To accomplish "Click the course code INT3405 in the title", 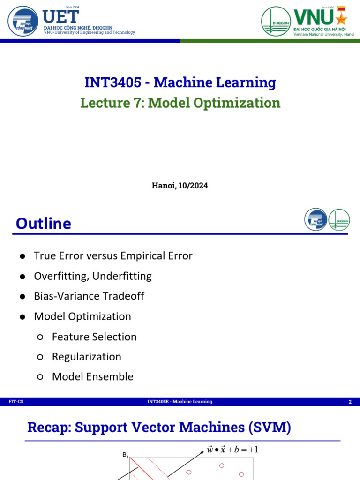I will coord(112,82).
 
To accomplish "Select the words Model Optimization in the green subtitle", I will coord(214,103).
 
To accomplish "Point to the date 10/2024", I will coord(193,186).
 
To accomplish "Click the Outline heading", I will coord(44,224).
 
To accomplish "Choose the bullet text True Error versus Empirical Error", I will coord(113,256).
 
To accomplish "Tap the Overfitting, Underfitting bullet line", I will coord(93,276).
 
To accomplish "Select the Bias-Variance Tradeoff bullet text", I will coord(89,296).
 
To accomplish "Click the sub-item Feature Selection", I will coord(94,337).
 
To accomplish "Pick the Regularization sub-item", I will coord(87,357).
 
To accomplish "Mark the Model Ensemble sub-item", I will coord(93,377).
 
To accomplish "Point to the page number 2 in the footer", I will coord(350,402).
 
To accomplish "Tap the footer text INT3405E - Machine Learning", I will coord(180,402).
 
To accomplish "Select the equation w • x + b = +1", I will coord(232,450).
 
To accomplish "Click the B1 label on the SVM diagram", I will coord(125,454).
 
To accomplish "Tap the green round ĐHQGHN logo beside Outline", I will coord(339,220).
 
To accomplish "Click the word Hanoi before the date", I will coord(163,186).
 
